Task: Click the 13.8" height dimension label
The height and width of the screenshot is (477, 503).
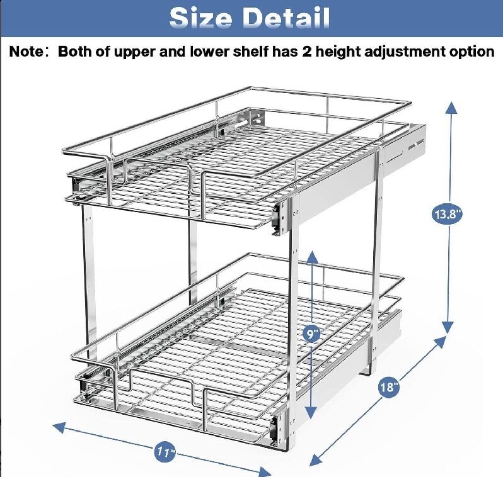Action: point(446,214)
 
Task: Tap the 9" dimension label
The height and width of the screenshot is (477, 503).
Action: point(312,334)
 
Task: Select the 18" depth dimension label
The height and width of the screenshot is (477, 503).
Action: point(389,386)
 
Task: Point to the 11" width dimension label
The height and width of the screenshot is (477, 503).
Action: point(166,452)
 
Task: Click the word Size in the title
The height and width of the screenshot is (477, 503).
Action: point(200,18)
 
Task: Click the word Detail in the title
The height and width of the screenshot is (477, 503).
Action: point(286,18)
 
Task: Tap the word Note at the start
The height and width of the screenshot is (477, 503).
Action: point(26,52)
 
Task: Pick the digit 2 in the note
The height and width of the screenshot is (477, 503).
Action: point(306,52)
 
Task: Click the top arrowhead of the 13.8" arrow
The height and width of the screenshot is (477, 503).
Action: point(451,108)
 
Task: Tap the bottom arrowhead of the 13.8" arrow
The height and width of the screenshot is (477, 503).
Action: point(448,328)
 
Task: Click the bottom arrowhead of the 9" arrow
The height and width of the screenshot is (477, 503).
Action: point(311,412)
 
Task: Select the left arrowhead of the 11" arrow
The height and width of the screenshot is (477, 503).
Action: point(59,427)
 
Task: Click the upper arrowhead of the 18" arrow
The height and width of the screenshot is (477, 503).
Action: point(440,342)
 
